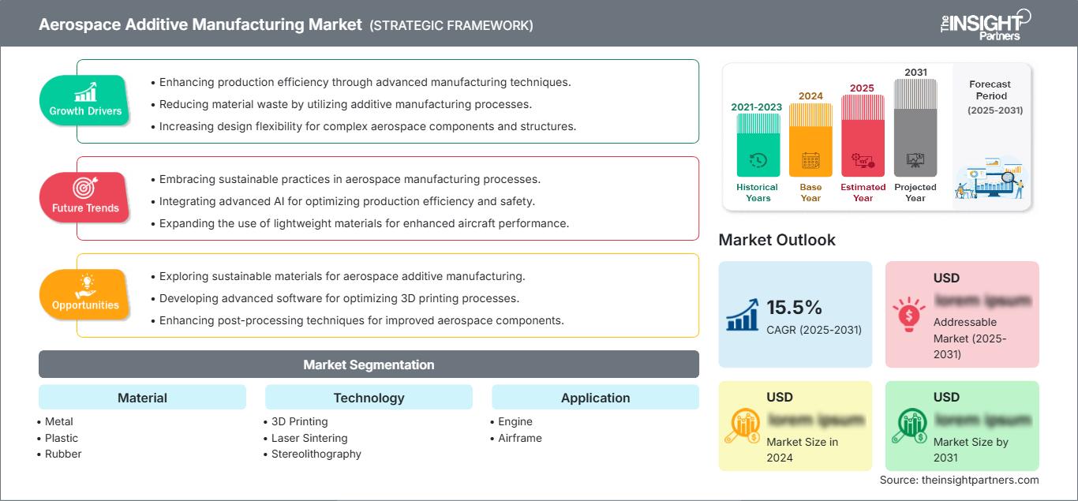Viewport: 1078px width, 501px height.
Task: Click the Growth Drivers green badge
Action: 85,100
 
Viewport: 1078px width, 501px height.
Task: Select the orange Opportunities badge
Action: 84,294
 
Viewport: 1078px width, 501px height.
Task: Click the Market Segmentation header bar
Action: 369,365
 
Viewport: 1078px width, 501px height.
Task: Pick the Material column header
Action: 142,398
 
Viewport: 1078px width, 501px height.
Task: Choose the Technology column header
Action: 369,398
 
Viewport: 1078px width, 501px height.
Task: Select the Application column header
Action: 595,398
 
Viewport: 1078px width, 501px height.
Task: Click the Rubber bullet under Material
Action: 63,454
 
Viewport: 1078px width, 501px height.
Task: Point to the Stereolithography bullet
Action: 316,454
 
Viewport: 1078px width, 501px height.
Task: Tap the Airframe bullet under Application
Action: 519,438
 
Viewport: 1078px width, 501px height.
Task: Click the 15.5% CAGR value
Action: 794,307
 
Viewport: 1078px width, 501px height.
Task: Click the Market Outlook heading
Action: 777,240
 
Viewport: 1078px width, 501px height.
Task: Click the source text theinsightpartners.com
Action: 960,480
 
